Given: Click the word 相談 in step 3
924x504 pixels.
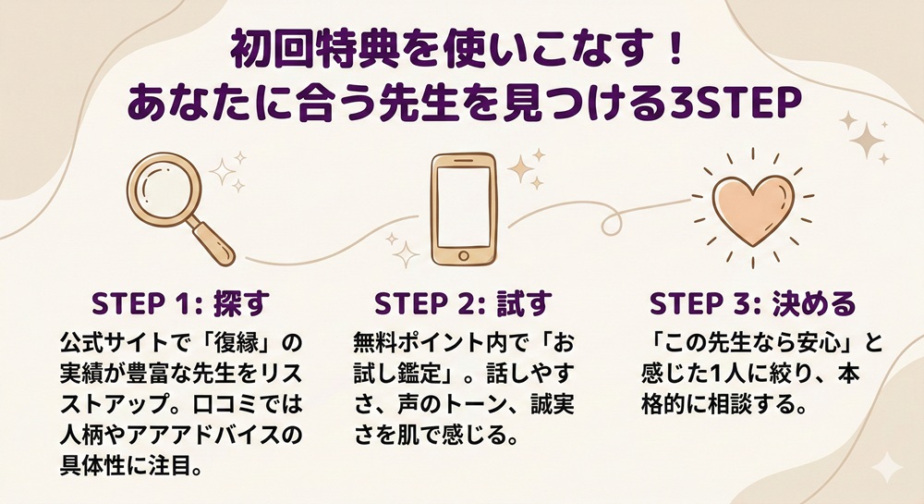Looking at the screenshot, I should [736, 404].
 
